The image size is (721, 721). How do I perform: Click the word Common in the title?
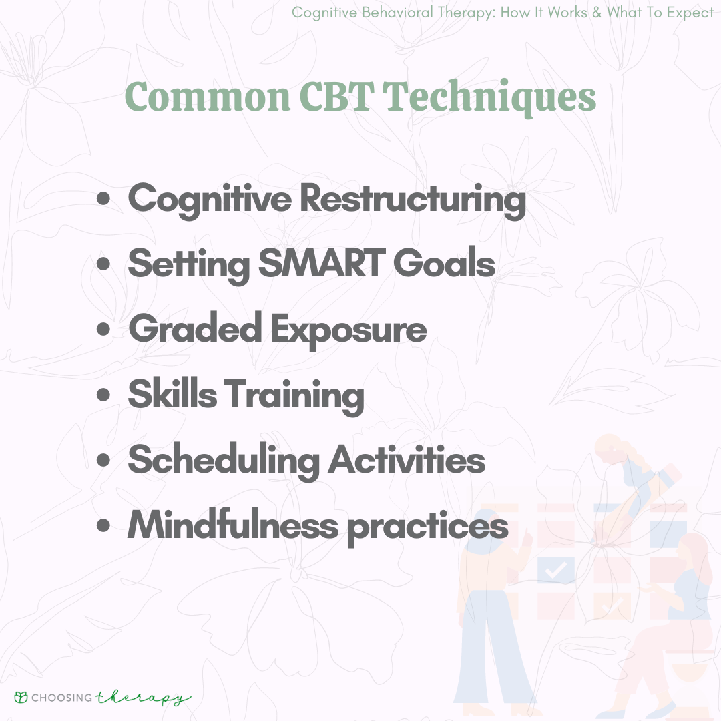(208, 97)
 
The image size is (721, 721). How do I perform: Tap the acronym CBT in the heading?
(336, 97)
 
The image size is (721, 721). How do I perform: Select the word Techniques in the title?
(489, 98)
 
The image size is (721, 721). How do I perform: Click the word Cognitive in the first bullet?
(210, 200)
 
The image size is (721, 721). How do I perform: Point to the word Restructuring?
(413, 200)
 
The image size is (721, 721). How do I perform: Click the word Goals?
(444, 263)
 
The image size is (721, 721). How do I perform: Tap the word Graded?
(195, 328)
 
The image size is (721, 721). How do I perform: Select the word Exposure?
(348, 331)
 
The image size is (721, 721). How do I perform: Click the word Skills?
(172, 393)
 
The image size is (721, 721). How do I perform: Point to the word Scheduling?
(224, 461)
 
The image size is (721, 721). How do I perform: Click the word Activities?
(407, 459)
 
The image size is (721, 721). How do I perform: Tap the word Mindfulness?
(233, 525)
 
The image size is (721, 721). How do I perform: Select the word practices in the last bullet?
(428, 528)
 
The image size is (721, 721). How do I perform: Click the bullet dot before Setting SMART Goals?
(103, 264)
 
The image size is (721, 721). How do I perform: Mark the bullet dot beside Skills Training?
(103, 394)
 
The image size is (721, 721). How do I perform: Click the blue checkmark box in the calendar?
(555, 570)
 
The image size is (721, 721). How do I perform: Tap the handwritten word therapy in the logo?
(143, 698)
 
